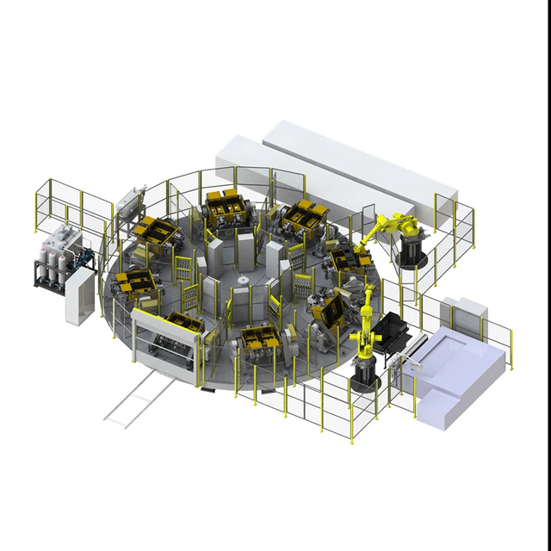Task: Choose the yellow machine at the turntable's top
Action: coord(226,207)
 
